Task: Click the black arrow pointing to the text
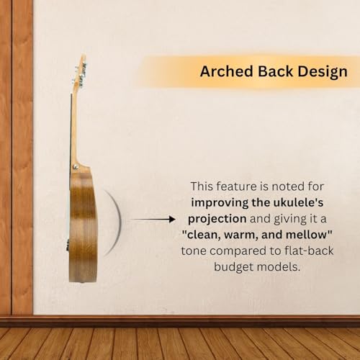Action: (x=156, y=218)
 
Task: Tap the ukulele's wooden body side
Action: (x=83, y=230)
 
